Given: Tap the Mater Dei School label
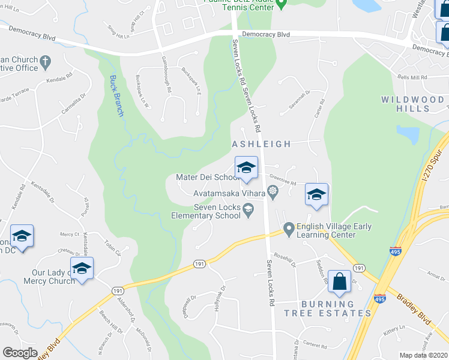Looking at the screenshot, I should pyautogui.click(x=208, y=178).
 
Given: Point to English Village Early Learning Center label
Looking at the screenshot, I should pyautogui.click(x=336, y=230).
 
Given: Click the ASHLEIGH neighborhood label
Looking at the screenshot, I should pyautogui.click(x=261, y=144).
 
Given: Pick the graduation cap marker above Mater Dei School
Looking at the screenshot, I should pyautogui.click(x=246, y=169).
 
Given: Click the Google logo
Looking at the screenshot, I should pyautogui.click(x=20, y=353).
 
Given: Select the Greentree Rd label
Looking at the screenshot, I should pyautogui.click(x=282, y=178).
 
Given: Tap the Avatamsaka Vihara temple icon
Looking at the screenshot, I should pyautogui.click(x=273, y=193).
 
